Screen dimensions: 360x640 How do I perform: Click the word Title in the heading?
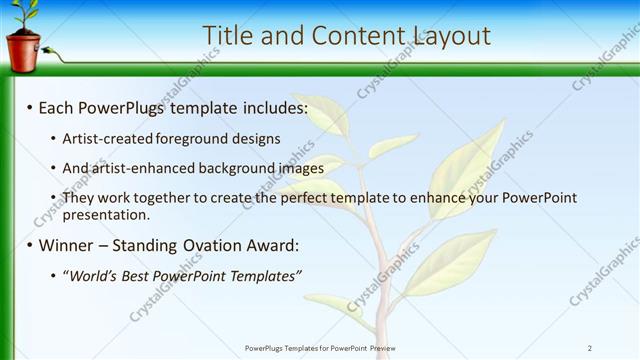pyautogui.click(x=227, y=36)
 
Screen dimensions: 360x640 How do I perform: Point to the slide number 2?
pyautogui.click(x=590, y=347)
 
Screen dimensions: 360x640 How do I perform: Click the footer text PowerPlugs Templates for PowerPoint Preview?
pyautogui.click(x=319, y=347)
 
